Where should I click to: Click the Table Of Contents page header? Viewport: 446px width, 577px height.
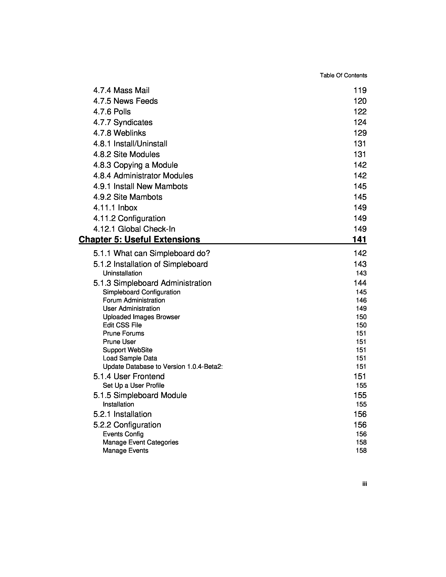(343, 75)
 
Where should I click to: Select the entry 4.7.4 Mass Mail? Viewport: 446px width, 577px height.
(121, 90)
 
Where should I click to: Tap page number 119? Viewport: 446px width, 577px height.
(360, 90)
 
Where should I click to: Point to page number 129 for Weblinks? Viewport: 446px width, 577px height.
(360, 133)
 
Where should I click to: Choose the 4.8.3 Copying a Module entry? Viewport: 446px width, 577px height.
(135, 165)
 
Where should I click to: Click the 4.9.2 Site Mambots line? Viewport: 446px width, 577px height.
(128, 197)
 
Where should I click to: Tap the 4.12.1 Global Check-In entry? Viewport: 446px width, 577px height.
(134, 229)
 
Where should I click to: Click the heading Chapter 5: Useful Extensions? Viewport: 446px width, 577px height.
(139, 239)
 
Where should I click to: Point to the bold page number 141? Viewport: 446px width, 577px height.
(359, 239)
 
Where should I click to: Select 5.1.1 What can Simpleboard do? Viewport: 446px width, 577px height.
(151, 253)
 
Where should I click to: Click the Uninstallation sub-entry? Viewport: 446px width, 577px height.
(122, 273)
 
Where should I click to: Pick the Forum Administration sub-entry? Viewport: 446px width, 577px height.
(134, 300)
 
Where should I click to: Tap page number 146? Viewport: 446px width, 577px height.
(361, 300)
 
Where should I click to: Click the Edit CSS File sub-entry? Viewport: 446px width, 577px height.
(122, 325)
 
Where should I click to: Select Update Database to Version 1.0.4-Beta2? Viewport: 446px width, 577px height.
(162, 367)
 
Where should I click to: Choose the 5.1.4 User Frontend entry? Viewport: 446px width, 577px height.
(129, 376)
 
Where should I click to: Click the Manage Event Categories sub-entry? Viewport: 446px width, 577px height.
(140, 442)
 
